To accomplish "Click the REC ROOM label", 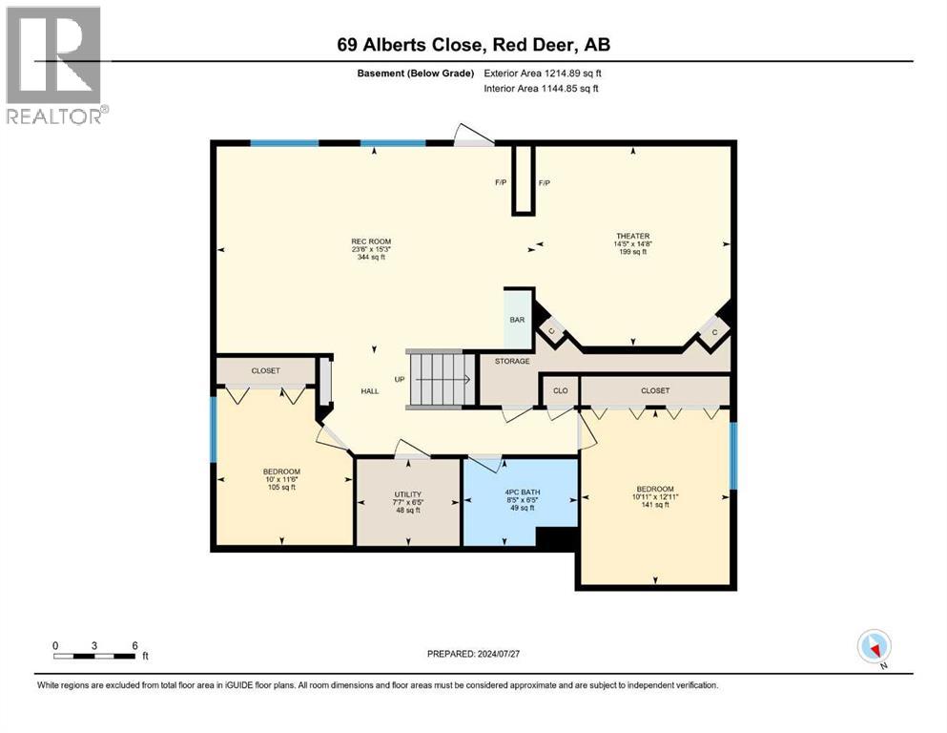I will (x=371, y=241).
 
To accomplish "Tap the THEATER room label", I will (x=632, y=236).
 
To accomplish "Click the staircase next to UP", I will (x=442, y=379).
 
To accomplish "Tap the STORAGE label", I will (x=512, y=361).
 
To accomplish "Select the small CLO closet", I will (x=560, y=390).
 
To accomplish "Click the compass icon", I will (x=875, y=647).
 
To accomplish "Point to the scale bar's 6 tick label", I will (x=134, y=645).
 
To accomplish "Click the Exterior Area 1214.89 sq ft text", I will (x=543, y=73).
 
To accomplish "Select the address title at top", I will (x=473, y=44).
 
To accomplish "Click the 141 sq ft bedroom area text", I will (x=654, y=505).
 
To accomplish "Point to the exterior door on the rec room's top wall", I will (x=473, y=136).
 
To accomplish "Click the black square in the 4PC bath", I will (x=557, y=539).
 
